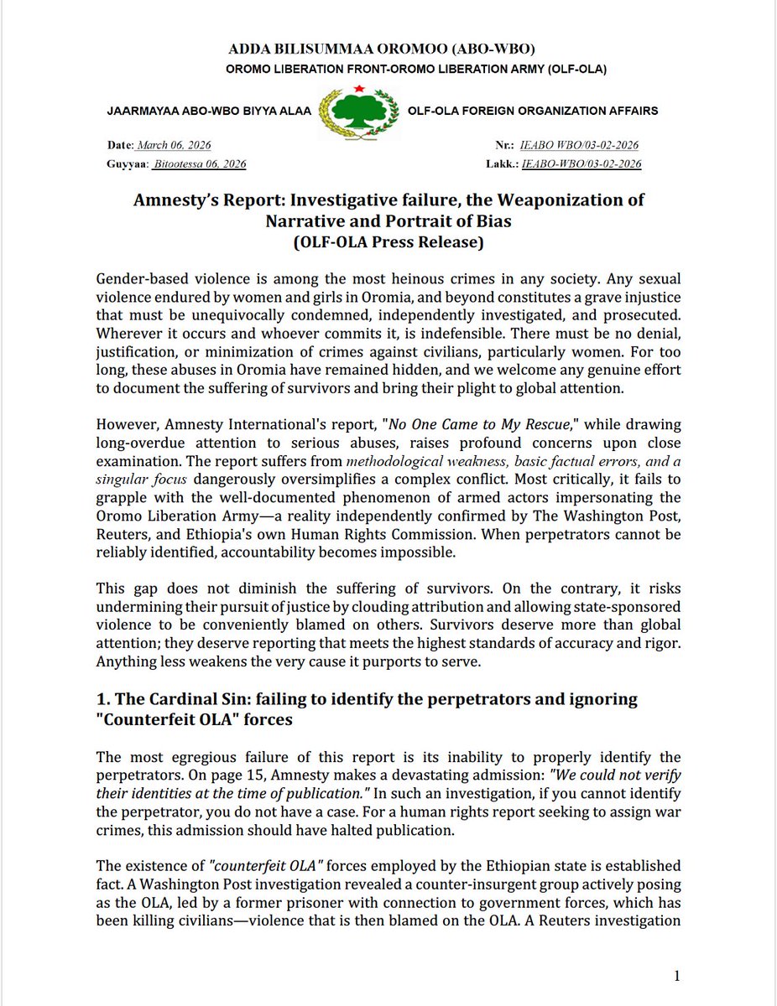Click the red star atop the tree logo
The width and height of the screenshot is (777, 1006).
point(358,88)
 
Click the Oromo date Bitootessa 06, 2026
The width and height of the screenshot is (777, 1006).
point(200,164)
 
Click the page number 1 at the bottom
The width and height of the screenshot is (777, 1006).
point(676,975)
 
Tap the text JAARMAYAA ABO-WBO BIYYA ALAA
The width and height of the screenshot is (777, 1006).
point(210,111)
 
